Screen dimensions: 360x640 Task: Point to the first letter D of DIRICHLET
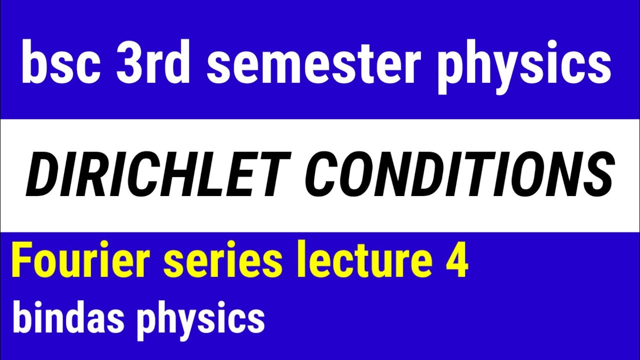[45, 175]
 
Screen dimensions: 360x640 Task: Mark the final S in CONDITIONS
[597, 175]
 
